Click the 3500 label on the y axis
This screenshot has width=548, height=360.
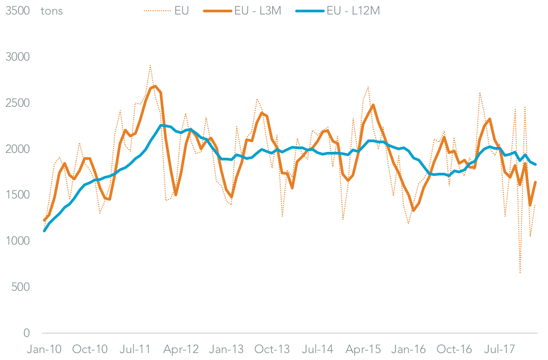point(18,11)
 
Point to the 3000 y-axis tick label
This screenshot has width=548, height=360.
point(18,57)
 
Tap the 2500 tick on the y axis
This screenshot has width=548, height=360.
point(18,103)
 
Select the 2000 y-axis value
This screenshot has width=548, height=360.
point(18,149)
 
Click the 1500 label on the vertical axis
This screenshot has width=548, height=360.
point(18,195)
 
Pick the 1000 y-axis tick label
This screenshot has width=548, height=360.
point(18,241)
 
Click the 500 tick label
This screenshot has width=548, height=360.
point(21,287)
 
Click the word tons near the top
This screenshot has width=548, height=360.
point(52,11)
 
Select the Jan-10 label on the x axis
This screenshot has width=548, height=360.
point(45,350)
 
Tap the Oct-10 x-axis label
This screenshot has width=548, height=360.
point(90,350)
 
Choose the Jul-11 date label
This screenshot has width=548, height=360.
point(135,350)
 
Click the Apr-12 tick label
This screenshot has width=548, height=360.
point(181,350)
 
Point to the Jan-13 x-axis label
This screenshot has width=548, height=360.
point(226,350)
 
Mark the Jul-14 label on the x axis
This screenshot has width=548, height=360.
point(318,350)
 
